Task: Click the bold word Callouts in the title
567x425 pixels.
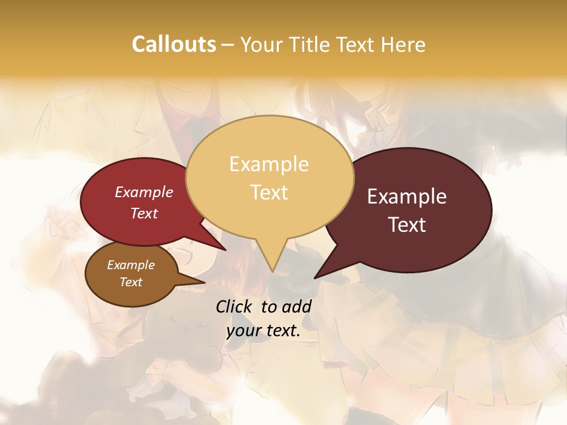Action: (174, 44)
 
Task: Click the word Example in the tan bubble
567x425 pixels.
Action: (269, 164)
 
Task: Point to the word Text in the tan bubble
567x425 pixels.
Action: (269, 192)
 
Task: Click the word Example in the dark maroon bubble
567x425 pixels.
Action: (407, 197)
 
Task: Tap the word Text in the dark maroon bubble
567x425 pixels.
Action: (407, 224)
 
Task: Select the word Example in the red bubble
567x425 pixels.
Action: (144, 192)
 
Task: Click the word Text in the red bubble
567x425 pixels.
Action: (144, 213)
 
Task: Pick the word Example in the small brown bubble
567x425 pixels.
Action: (131, 265)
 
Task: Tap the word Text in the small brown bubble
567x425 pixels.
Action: (131, 282)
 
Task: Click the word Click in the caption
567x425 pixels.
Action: (236, 306)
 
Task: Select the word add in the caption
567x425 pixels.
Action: (297, 306)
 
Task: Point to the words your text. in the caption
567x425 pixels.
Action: (263, 331)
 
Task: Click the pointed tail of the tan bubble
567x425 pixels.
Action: (272, 266)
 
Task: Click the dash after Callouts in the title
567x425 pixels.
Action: (227, 44)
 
